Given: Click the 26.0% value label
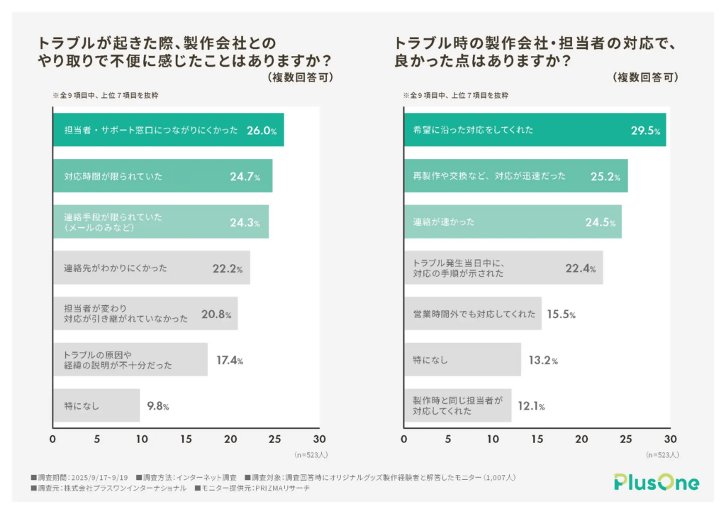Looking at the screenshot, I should coord(261,131).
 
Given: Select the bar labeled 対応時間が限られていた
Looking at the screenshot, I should coord(162,176).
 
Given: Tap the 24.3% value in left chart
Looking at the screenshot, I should coord(245,222).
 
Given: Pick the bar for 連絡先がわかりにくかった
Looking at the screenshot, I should coord(151,268).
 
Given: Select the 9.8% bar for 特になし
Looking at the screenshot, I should coord(96,406).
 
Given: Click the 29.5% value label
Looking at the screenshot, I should coord(645,131).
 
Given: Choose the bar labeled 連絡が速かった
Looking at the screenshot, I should coord(513,222).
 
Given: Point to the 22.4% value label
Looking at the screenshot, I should coord(580,268).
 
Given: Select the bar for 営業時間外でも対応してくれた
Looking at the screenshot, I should coord(472,315).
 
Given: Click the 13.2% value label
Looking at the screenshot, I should coord(542,361).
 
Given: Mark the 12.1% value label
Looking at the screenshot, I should coord(530,406).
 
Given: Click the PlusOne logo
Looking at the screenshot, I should coord(656,483).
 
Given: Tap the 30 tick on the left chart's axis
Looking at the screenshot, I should coord(319,439).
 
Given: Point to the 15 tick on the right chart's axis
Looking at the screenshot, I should coord(537,439).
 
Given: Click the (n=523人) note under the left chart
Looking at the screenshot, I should coord(311,454).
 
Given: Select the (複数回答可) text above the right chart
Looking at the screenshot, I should coord(645,77).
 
